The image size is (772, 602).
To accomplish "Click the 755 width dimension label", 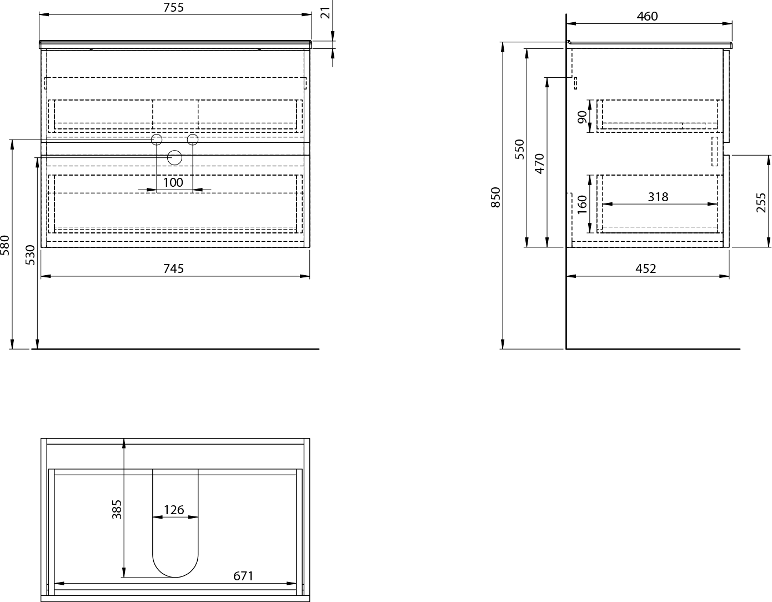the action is click(x=173, y=7).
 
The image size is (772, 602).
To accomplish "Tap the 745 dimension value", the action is click(x=173, y=269).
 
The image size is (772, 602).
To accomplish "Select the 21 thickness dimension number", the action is click(x=326, y=12).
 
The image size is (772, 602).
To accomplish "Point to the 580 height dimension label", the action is click(x=5, y=245).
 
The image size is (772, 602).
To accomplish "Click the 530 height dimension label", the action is click(x=30, y=255).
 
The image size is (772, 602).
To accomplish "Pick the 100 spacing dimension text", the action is click(x=173, y=183).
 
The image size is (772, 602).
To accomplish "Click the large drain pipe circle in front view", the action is click(x=174, y=157).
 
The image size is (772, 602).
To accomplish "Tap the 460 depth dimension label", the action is click(x=647, y=16).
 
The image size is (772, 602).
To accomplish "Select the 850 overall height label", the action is click(x=495, y=197).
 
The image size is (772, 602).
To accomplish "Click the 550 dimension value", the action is click(x=519, y=150).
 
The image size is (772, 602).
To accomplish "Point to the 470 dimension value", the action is click(x=539, y=163).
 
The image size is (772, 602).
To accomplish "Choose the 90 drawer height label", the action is click(x=582, y=117).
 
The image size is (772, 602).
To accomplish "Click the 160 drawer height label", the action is click(x=582, y=205).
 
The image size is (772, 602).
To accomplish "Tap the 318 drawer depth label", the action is click(x=658, y=197).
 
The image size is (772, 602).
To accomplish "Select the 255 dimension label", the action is click(x=761, y=203).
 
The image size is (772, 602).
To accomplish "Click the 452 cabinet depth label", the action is click(x=646, y=269).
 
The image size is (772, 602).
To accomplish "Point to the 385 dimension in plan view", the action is click(x=117, y=510).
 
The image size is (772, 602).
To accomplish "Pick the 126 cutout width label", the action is click(x=174, y=510).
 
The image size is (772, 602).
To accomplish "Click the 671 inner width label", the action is click(x=243, y=576).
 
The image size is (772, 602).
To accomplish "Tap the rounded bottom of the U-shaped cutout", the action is click(x=175, y=577).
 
